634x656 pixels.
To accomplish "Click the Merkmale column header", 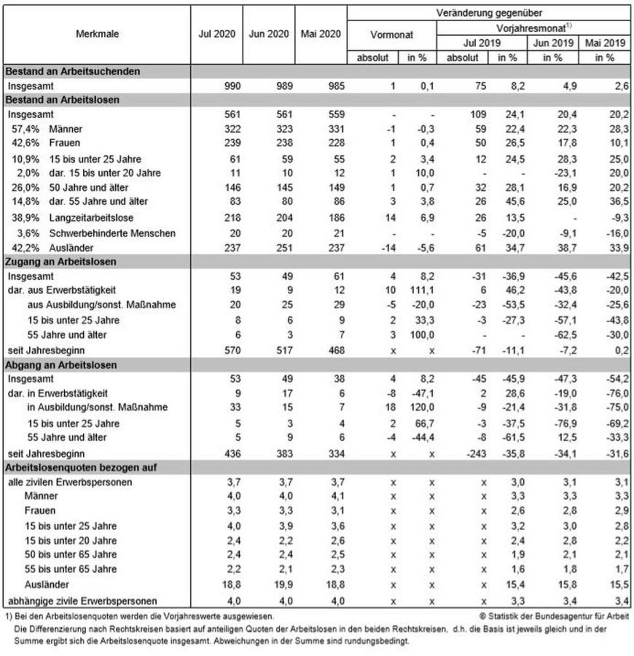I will coord(97,34).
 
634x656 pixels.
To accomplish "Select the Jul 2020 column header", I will coord(217,34).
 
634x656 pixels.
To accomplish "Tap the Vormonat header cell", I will coord(392,35).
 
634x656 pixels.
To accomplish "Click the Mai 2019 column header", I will coord(605,43).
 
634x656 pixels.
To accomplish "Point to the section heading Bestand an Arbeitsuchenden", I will coord(73,71).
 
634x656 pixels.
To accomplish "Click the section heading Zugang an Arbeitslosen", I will coord(61,262).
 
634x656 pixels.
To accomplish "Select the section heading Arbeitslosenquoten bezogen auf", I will coord(81,468).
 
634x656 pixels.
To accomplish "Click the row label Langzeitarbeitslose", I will coord(91,218).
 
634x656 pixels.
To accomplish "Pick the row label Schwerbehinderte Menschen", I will coord(112,233).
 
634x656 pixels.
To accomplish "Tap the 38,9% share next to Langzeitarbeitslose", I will coord(25,218).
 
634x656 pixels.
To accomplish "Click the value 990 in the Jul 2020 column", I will coord(232,86).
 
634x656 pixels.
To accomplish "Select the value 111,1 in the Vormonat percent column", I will coord(422,290).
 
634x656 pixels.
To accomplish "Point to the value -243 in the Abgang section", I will coord(476,454).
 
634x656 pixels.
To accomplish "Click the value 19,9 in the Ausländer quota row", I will coord(284,584).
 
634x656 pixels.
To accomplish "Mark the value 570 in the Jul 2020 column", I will coord(232,351).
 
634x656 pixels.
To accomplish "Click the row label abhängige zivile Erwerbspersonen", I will coord(82,601).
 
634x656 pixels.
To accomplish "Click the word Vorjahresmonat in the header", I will coord(531,28).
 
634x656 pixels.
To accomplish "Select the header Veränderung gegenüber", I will coord(489,13).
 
